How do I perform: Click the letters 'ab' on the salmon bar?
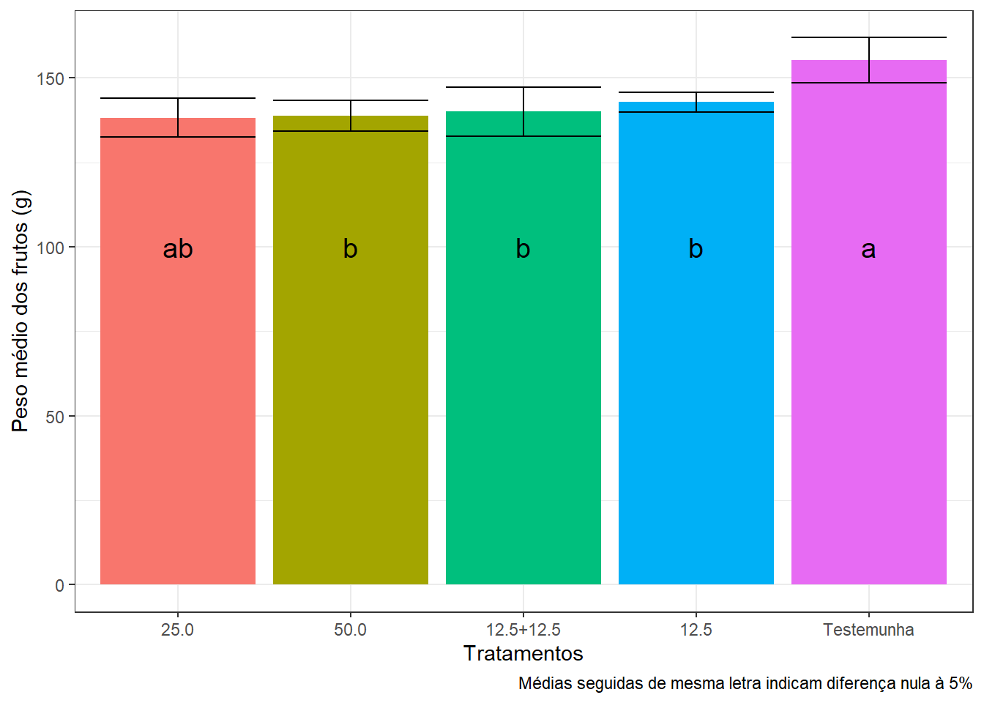pyautogui.click(x=178, y=249)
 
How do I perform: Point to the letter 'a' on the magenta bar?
pyautogui.click(x=868, y=250)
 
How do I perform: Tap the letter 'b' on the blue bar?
pyautogui.click(x=696, y=249)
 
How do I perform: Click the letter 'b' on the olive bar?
pyautogui.click(x=350, y=249)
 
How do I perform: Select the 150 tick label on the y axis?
pyautogui.click(x=51, y=78)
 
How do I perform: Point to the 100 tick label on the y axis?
pyautogui.click(x=51, y=248)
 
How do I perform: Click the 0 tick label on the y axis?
pyautogui.click(x=59, y=586)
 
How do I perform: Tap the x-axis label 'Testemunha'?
pyautogui.click(x=868, y=630)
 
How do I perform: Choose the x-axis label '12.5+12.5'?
pyautogui.click(x=523, y=630)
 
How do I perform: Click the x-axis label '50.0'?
pyautogui.click(x=350, y=630)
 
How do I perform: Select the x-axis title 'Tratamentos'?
pyautogui.click(x=523, y=653)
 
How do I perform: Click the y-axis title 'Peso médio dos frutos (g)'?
pyautogui.click(x=20, y=311)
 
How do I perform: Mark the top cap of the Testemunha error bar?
pyautogui.click(x=869, y=37)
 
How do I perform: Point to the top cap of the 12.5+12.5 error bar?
pyautogui.click(x=523, y=87)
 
